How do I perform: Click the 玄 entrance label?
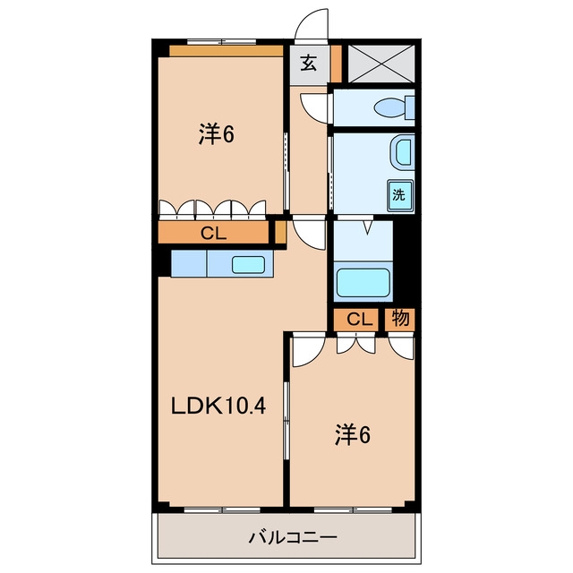tap(309, 64)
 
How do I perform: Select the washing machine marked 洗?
tap(400, 195)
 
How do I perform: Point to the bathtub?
tap(363, 283)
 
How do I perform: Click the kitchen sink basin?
tap(249, 265)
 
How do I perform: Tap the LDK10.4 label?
tap(218, 406)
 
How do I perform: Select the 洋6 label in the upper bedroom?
tap(217, 134)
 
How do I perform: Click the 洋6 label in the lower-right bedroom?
tap(352, 435)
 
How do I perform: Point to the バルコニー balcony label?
tap(293, 537)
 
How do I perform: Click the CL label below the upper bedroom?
tap(214, 233)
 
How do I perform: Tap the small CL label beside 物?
tap(360, 320)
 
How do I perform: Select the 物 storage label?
tap(400, 319)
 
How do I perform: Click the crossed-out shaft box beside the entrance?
tap(381, 64)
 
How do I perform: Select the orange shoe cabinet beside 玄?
tap(337, 64)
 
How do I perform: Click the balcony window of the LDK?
tap(222, 509)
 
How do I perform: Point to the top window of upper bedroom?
tap(221, 42)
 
